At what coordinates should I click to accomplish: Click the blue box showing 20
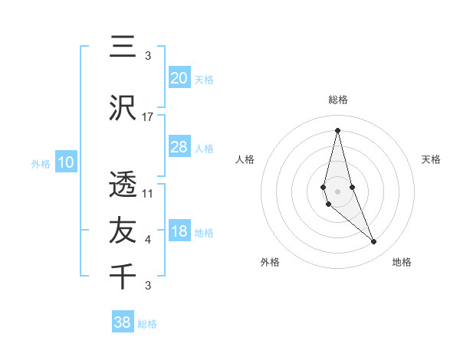tap(179, 78)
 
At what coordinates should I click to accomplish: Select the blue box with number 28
tap(179, 147)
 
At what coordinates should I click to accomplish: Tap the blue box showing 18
tap(179, 232)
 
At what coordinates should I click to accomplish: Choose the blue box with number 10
tap(66, 162)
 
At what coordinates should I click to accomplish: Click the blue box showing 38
tap(123, 322)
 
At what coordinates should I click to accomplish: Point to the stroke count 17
tap(148, 116)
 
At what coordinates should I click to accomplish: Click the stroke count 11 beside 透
tap(148, 193)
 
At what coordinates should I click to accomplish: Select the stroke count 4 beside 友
tap(148, 240)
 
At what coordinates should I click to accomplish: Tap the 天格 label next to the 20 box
tap(204, 79)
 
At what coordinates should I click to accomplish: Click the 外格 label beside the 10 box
tap(41, 163)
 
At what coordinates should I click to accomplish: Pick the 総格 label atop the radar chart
tap(337, 100)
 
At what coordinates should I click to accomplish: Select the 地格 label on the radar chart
tap(402, 262)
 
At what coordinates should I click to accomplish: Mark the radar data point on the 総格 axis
tap(337, 130)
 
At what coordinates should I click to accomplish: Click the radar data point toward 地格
tap(374, 242)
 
